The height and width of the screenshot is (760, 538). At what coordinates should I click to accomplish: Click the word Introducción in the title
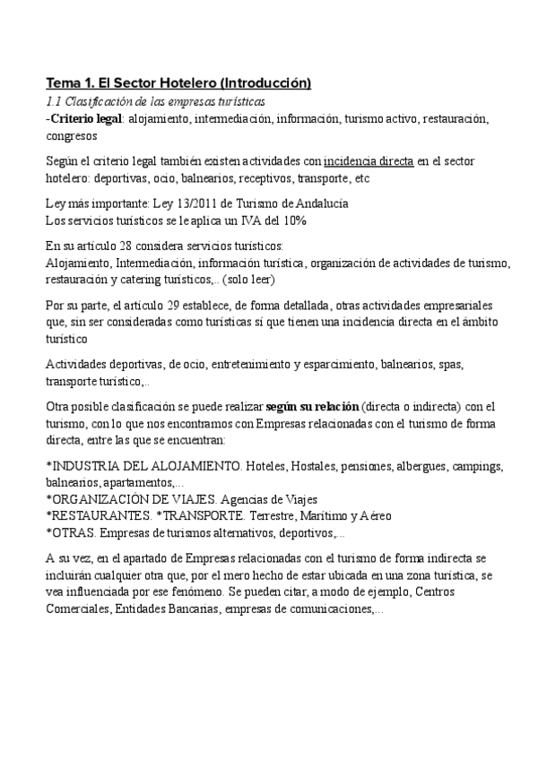[265, 83]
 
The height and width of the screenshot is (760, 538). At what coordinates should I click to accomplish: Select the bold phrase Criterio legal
[85, 118]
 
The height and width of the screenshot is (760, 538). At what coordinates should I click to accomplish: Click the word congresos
[72, 136]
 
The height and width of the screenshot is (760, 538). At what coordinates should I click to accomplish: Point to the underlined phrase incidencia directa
[369, 161]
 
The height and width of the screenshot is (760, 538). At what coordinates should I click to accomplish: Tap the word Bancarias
[208, 609]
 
